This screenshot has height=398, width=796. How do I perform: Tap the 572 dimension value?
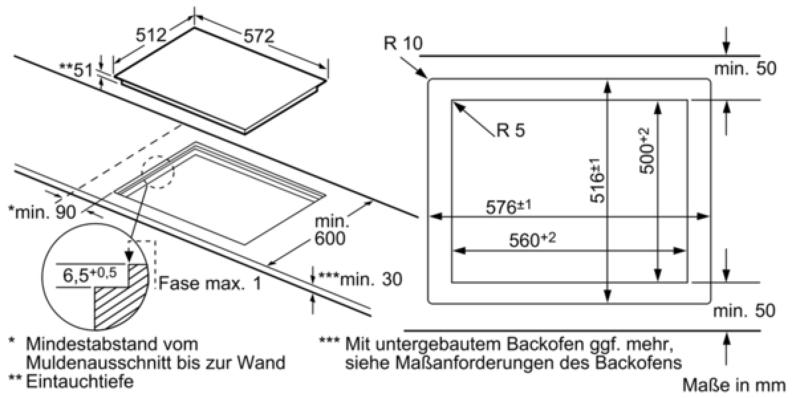pyautogui.click(x=259, y=36)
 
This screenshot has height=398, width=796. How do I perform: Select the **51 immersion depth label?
pyautogui.click(x=76, y=71)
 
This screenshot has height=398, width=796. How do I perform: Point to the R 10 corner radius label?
pyautogui.click(x=403, y=43)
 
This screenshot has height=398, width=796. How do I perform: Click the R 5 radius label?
pyautogui.click(x=511, y=130)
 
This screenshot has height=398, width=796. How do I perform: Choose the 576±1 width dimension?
pyautogui.click(x=509, y=206)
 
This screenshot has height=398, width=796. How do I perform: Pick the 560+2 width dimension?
pyautogui.click(x=532, y=240)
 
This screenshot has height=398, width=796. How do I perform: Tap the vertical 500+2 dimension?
pyautogui.click(x=647, y=151)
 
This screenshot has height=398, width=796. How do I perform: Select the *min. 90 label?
pyautogui.click(x=42, y=212)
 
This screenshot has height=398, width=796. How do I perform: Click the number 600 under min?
pyautogui.click(x=330, y=238)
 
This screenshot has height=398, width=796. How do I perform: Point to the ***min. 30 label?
pyautogui.click(x=360, y=279)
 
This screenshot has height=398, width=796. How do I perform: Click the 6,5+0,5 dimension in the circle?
pyautogui.click(x=90, y=275)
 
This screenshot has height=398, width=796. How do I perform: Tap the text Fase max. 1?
pyautogui.click(x=210, y=283)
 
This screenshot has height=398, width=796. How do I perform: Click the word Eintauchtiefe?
pyautogui.click(x=80, y=381)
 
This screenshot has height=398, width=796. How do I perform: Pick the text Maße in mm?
pyautogui.click(x=734, y=385)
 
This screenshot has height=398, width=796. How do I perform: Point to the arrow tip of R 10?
pyautogui.click(x=427, y=78)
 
